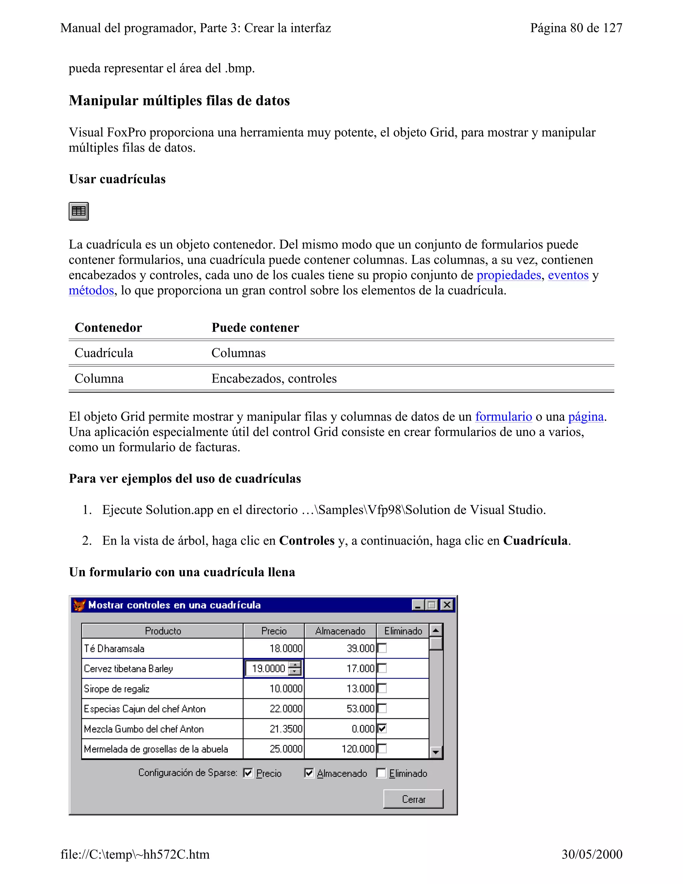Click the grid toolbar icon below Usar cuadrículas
click(78, 211)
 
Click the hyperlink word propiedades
click(508, 275)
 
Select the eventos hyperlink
click(568, 275)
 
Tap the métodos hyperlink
click(91, 291)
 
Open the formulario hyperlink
click(503, 417)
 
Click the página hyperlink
click(586, 417)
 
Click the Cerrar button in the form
click(413, 799)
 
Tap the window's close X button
click(447, 605)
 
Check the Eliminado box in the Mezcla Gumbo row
click(382, 729)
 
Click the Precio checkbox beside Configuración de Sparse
click(248, 773)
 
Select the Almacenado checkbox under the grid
click(309, 773)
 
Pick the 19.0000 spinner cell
click(268, 669)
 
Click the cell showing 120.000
click(358, 749)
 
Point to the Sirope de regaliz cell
click(116, 689)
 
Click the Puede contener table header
click(255, 328)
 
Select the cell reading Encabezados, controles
click(274, 379)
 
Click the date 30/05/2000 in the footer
click(592, 854)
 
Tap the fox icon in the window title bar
click(79, 605)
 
